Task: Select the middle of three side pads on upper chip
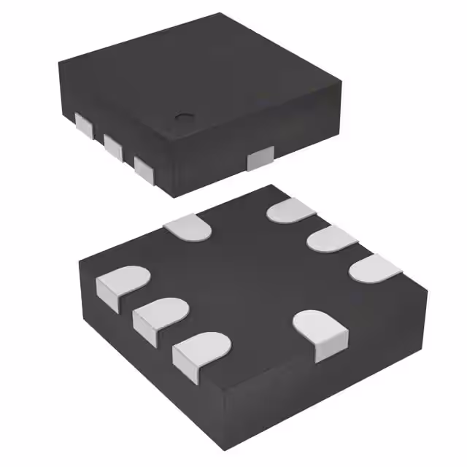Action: click(x=114, y=146)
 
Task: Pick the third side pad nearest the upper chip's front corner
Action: click(x=144, y=168)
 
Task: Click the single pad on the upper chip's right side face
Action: click(x=260, y=158)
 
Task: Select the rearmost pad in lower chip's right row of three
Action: click(x=291, y=211)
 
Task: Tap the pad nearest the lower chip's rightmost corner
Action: click(x=376, y=266)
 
